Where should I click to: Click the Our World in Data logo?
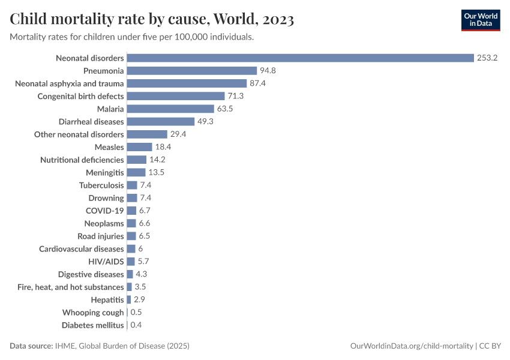[480, 20]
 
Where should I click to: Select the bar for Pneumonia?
[192, 71]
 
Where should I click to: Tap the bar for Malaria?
[170, 109]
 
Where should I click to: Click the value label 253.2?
[488, 58]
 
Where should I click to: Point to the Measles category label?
[109, 147]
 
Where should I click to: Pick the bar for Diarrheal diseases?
[161, 122]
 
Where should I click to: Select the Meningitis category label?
[104, 172]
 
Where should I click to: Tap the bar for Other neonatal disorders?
[147, 134]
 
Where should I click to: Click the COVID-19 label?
[105, 211]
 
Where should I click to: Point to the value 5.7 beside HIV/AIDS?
[143, 262]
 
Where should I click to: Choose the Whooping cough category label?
[93, 313]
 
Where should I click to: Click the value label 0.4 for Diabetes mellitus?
[136, 325]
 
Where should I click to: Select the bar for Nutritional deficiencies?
[137, 160]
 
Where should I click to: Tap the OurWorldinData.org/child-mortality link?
[412, 346]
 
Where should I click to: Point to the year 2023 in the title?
[277, 20]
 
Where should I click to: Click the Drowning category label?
[106, 198]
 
